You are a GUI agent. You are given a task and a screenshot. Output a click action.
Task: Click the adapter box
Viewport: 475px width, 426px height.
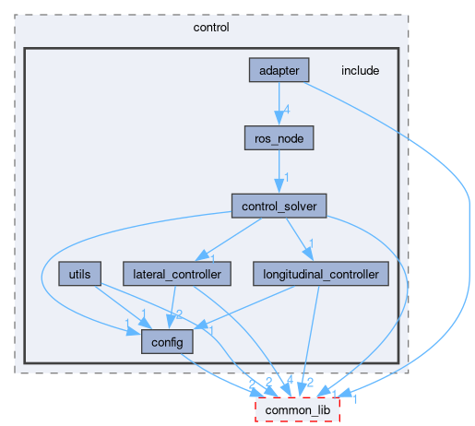click(279, 70)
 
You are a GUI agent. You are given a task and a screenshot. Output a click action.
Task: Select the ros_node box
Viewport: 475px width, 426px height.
click(279, 138)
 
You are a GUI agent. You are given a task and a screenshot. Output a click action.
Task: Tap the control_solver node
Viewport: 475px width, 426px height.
click(279, 206)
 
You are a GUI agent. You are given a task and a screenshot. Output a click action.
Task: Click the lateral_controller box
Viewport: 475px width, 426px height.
click(176, 274)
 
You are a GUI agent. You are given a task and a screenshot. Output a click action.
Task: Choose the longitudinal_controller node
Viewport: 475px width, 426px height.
click(321, 274)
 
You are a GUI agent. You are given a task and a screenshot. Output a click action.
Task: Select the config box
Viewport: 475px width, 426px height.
click(167, 342)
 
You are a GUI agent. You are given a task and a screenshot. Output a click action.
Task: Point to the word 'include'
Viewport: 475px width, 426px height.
click(360, 71)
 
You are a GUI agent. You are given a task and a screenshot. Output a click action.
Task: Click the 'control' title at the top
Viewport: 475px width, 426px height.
click(211, 27)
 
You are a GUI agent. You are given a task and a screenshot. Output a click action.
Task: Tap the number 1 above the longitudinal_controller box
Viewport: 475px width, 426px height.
click(312, 245)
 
